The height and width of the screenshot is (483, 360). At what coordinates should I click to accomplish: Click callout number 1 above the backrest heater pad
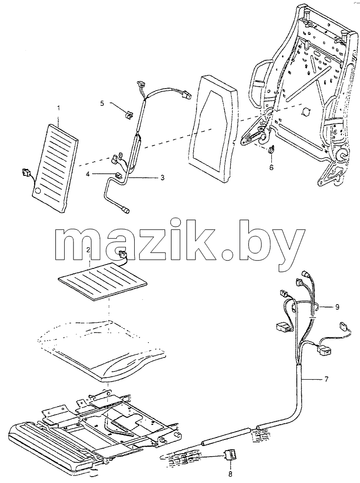(x=59, y=108)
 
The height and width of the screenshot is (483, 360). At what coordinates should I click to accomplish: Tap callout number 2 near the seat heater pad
(x=88, y=250)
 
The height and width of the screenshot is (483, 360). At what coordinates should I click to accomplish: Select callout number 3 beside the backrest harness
(x=162, y=177)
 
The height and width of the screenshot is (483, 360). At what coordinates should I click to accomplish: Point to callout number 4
(x=88, y=174)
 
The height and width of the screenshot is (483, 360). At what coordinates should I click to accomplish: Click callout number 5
(x=102, y=103)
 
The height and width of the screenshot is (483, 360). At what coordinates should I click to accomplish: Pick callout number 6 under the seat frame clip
(x=271, y=168)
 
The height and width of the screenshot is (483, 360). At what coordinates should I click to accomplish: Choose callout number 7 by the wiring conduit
(x=326, y=379)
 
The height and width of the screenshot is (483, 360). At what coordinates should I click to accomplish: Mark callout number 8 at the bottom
(x=230, y=474)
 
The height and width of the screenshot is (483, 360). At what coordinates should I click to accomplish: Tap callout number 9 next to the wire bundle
(x=337, y=307)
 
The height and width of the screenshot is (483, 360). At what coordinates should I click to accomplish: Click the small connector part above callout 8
(x=230, y=455)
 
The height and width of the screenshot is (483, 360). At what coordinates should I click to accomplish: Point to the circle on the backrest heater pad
(x=37, y=191)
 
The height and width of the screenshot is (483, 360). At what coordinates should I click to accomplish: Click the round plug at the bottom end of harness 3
(x=126, y=210)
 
